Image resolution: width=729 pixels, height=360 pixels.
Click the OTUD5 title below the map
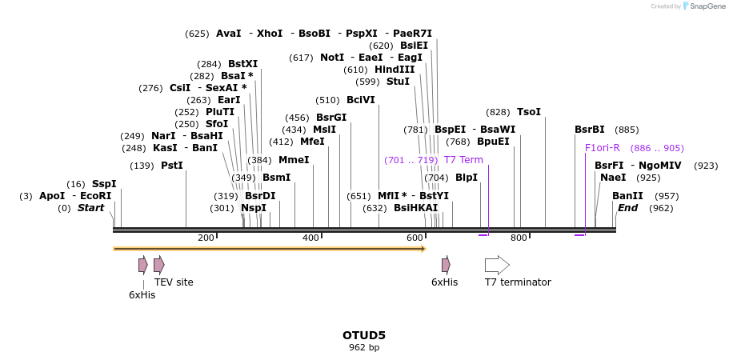pos(364,335)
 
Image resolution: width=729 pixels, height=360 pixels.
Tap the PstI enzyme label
pos(172,166)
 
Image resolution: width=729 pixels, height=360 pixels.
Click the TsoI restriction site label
pos(529,112)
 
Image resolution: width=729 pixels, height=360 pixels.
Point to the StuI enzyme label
pos(398,82)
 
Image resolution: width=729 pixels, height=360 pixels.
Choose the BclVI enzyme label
pos(361,100)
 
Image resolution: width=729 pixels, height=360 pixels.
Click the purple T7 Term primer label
pos(463,160)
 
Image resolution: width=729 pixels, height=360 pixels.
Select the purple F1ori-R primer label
pos(603,148)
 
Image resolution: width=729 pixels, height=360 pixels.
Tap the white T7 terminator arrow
pos(497,265)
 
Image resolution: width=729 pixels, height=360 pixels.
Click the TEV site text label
pos(174,282)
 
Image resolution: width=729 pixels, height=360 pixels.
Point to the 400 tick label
pos(310,238)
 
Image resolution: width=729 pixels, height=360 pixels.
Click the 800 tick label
pos(519,238)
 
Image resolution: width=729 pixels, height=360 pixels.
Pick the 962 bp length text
pos(364,347)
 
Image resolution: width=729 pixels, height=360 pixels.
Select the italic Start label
pos(90,208)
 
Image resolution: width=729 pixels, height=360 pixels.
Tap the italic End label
pos(628,208)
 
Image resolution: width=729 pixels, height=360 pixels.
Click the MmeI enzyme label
pos(294,160)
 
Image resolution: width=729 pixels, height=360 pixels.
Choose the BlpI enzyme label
pos(467,178)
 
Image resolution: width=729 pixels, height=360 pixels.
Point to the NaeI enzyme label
pos(613,178)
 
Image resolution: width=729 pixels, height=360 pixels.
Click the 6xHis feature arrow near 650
pos(446,265)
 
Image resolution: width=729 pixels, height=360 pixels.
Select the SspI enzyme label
pos(104,184)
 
